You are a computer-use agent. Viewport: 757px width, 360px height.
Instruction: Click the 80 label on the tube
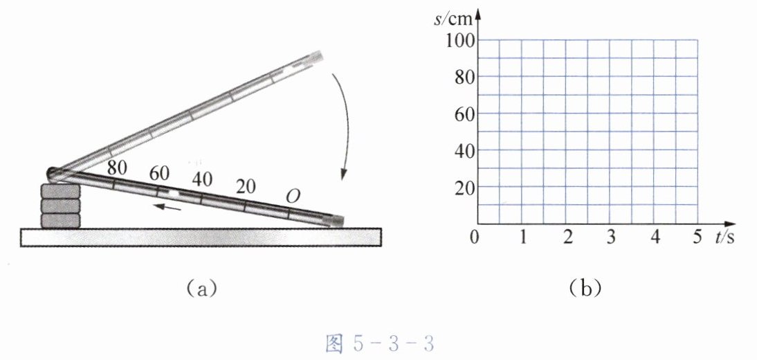pyautogui.click(x=117, y=168)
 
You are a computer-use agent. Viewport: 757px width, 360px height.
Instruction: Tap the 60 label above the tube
pyautogui.click(x=159, y=174)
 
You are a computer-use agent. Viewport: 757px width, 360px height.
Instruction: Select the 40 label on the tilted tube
pyautogui.click(x=202, y=179)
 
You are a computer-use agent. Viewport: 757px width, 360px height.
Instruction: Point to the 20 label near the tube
pyautogui.click(x=246, y=186)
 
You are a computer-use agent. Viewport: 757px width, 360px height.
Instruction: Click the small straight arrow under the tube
pyautogui.click(x=167, y=207)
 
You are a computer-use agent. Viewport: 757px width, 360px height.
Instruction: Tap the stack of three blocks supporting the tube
pyautogui.click(x=60, y=206)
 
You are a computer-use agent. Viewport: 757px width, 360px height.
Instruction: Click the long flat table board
pyautogui.click(x=201, y=237)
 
